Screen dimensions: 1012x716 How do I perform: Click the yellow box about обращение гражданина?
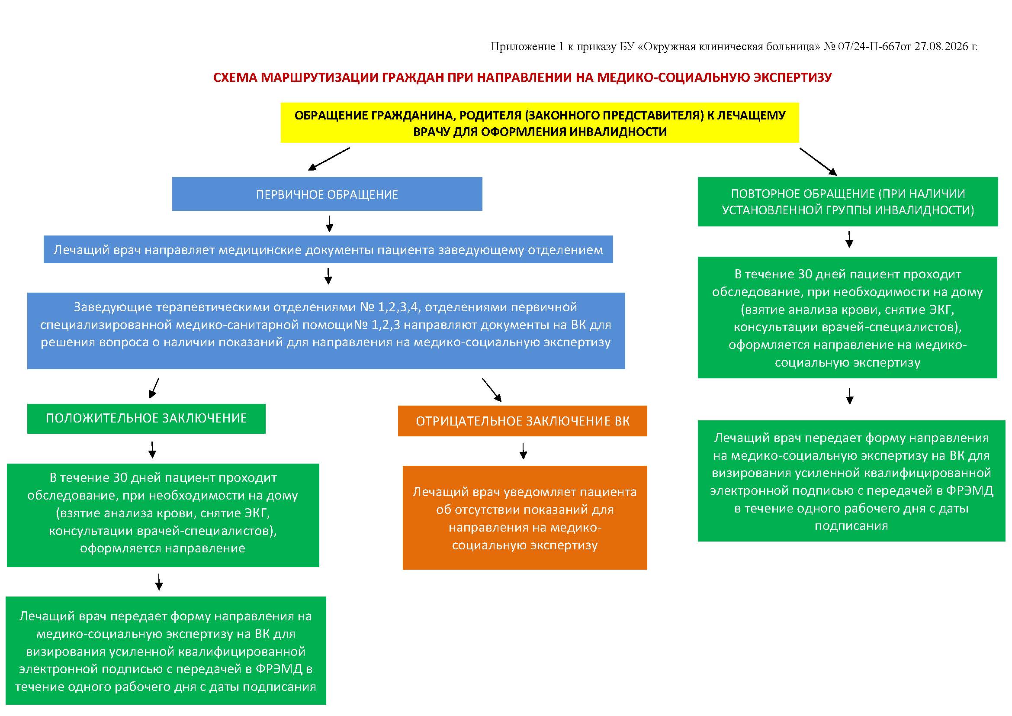540,123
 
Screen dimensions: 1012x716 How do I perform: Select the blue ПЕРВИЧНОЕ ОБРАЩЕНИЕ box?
327,194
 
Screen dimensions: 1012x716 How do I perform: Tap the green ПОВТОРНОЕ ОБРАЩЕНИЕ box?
848,201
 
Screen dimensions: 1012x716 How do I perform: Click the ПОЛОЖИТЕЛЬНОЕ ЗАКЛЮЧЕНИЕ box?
146,419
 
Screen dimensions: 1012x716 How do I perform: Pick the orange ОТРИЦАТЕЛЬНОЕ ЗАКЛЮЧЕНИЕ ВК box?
522,421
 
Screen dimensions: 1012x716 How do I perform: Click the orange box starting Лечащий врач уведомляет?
524,518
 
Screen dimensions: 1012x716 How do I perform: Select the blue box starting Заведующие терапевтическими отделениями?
326,331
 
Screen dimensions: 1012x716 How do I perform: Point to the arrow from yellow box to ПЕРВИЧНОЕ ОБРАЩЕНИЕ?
329,159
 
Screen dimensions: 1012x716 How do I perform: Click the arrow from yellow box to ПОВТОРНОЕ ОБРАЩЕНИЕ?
818,162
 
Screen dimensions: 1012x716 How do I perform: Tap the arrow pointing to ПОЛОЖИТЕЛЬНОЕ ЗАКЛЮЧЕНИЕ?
154,388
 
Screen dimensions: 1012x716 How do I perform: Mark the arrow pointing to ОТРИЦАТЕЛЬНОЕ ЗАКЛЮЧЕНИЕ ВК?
492,390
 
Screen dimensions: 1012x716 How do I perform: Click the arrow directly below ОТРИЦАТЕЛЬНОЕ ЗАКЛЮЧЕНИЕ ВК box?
523,451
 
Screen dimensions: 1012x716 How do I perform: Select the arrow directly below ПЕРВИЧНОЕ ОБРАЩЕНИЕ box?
329,223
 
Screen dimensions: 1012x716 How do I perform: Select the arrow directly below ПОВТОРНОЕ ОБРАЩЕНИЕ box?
849,239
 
